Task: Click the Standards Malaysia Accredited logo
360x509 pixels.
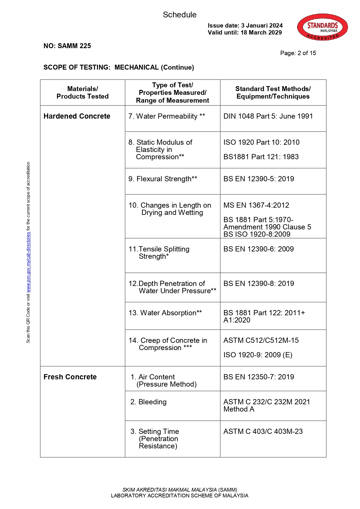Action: [x=322, y=27]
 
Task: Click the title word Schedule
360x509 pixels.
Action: [x=180, y=15]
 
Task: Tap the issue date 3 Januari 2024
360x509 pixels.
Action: [x=262, y=26]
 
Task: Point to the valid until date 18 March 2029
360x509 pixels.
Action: [x=261, y=32]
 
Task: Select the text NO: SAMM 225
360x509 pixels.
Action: [x=67, y=46]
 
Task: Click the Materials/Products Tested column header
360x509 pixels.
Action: [x=83, y=93]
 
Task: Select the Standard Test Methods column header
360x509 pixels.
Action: [x=273, y=93]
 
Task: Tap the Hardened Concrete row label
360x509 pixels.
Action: [x=77, y=116]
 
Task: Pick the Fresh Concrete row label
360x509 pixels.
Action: [x=70, y=377]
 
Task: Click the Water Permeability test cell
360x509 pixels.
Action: [x=167, y=116]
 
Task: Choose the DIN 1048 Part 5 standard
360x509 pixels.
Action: [x=268, y=116]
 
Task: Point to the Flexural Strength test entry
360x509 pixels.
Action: [x=163, y=179]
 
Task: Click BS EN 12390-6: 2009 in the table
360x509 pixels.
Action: [x=259, y=249]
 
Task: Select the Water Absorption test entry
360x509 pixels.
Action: [x=165, y=313]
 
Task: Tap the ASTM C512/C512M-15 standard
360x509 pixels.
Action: [x=261, y=340]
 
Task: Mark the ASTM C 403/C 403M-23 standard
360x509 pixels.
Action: [x=263, y=432]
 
